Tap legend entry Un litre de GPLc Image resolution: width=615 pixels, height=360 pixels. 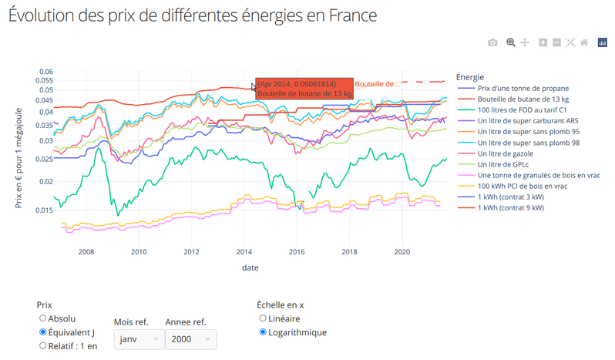point(511,164)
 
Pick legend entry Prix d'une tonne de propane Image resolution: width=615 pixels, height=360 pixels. point(523,89)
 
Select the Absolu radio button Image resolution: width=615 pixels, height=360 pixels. point(43,318)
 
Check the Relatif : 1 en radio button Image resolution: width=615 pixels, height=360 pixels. point(43,346)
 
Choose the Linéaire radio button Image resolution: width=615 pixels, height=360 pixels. point(263,318)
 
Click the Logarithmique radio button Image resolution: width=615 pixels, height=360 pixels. point(263,332)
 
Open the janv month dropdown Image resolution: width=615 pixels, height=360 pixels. point(138,339)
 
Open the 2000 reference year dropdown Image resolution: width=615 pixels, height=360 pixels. point(190,339)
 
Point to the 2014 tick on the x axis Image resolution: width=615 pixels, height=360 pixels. point(244,251)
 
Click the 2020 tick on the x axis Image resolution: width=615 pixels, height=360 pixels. point(402,251)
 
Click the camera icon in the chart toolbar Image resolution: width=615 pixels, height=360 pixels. point(492,42)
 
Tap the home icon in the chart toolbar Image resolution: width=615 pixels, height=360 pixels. point(584,42)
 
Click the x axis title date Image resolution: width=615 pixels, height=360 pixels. point(250,267)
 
